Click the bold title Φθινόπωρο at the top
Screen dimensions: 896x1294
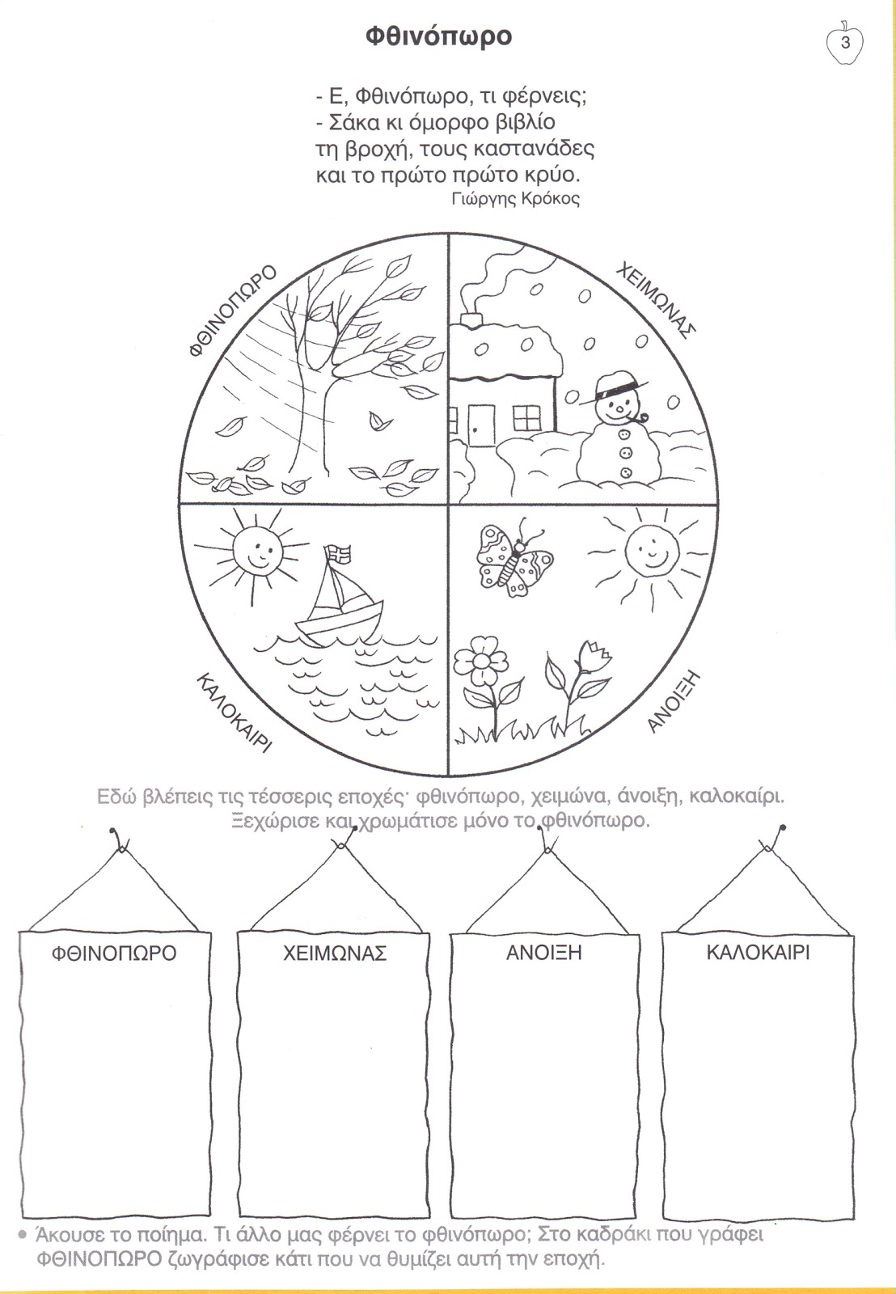pyautogui.click(x=438, y=37)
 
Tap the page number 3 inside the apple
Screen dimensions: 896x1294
pyautogui.click(x=846, y=43)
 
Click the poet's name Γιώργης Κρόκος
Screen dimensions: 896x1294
pyautogui.click(x=516, y=199)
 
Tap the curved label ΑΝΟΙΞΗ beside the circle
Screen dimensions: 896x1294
pyautogui.click(x=673, y=703)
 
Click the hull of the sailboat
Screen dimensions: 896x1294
pyautogui.click(x=340, y=624)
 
